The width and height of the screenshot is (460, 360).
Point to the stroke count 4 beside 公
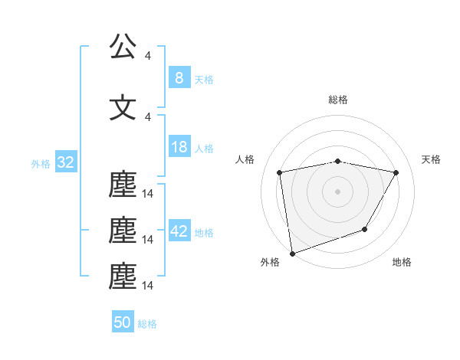[148, 56]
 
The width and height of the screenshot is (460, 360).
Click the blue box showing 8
[179, 77]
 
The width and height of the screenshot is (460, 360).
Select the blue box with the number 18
[179, 147]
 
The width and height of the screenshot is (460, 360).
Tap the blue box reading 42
[179, 231]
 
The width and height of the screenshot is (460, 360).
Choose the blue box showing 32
[64, 162]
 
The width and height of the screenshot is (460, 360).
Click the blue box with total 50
[123, 322]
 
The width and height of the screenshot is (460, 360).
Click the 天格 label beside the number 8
[204, 79]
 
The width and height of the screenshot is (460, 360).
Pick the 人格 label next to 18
[204, 149]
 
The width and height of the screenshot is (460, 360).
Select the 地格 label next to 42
[204, 232]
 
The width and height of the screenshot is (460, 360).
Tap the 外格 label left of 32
[41, 164]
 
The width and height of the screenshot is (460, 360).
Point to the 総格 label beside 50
[147, 324]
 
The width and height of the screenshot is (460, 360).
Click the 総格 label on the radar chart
[337, 100]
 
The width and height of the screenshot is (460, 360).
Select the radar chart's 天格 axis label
[432, 159]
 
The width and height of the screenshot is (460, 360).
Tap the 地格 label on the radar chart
[402, 263]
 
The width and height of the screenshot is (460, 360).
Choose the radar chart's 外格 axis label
[270, 263]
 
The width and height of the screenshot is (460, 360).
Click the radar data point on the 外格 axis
[292, 253]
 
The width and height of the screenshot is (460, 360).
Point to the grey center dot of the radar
[337, 191]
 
